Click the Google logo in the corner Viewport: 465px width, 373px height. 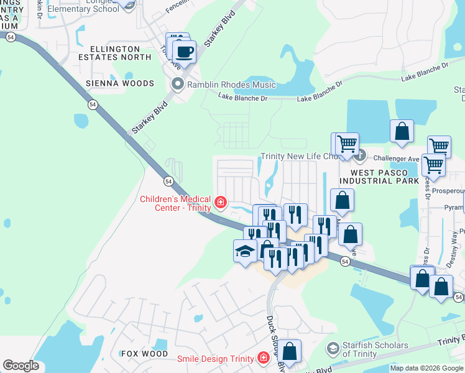21,366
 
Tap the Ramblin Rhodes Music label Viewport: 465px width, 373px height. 224,85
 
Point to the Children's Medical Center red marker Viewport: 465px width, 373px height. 220,202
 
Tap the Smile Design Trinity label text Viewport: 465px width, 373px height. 215,359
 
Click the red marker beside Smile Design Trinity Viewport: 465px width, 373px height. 264,359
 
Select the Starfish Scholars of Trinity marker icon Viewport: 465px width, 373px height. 334,349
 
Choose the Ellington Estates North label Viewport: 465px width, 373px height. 121,53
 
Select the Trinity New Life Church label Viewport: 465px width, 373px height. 298,157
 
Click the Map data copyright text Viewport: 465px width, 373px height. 426,368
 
